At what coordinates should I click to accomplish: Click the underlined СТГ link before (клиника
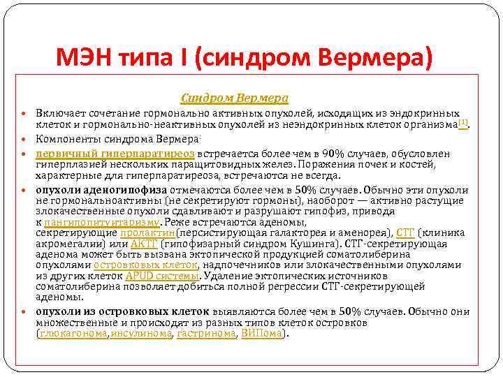pos(404,232)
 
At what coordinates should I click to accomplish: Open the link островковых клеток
pos(146,265)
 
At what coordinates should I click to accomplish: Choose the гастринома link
pos(206,334)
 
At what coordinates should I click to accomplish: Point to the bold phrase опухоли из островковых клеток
pos(123,311)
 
